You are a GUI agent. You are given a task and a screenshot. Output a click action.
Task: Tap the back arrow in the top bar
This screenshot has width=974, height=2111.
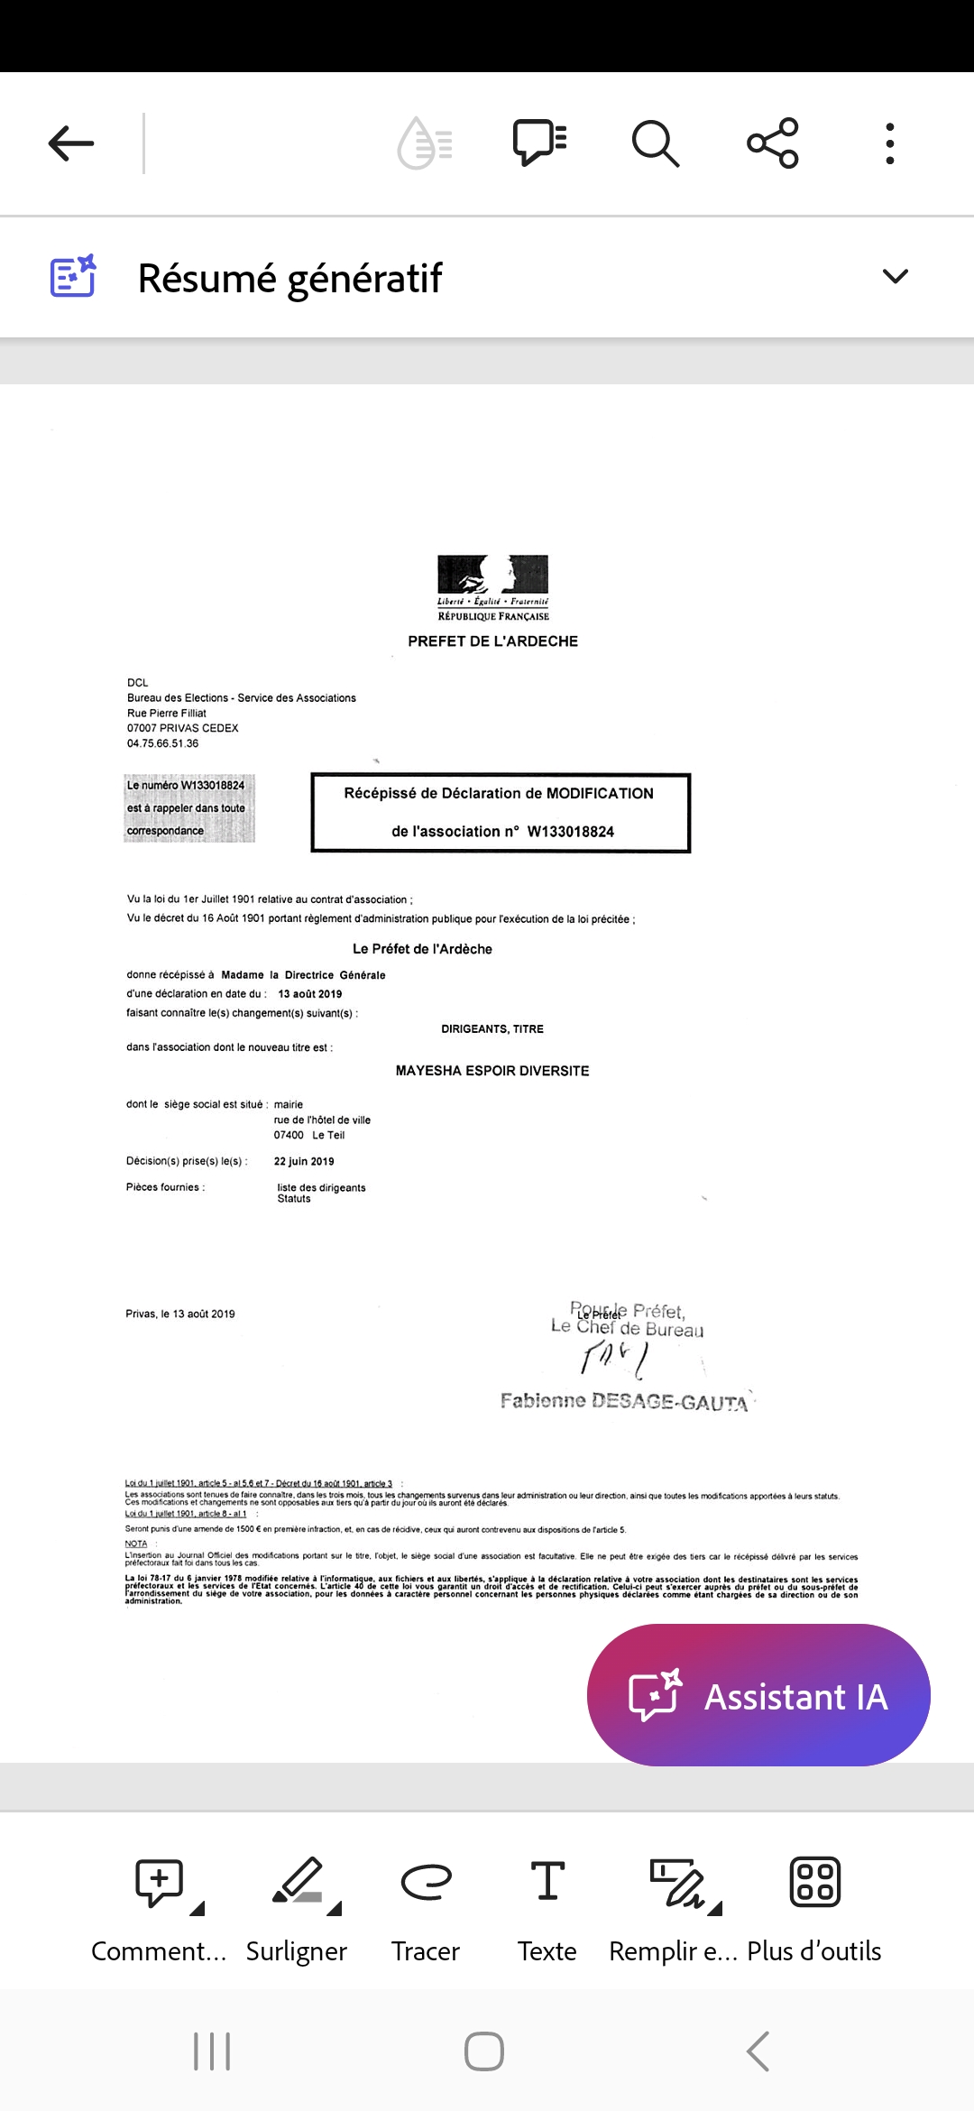71,143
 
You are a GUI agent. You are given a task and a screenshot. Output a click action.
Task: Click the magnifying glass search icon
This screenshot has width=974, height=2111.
655,143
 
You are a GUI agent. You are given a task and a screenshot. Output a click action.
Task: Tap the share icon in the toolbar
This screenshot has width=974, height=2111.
773,143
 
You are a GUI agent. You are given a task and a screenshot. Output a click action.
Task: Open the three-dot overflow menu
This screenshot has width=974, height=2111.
890,143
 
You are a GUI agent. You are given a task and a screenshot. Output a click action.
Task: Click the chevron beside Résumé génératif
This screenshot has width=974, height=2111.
895,277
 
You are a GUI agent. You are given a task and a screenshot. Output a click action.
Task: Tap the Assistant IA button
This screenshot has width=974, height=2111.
758,1695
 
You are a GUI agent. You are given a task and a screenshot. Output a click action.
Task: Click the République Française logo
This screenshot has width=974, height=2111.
493,587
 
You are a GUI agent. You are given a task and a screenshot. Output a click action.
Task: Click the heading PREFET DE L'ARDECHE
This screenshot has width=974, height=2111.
492,641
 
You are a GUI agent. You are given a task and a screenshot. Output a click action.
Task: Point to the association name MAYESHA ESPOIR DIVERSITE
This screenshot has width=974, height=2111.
492,1071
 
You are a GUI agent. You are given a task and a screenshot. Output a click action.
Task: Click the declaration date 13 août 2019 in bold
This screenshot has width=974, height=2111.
310,994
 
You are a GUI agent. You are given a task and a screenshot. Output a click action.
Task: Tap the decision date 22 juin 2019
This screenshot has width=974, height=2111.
304,1162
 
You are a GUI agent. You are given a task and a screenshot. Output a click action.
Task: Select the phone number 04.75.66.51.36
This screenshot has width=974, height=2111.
163,743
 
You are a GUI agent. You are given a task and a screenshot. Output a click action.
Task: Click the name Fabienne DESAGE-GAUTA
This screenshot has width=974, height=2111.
624,1401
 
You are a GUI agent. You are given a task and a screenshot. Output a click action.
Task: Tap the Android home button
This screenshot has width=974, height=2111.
484,2051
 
